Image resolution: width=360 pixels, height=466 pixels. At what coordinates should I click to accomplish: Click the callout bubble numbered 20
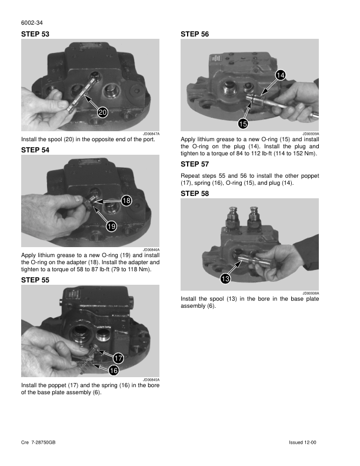point(102,112)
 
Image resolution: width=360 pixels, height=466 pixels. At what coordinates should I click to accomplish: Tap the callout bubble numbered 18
point(126,200)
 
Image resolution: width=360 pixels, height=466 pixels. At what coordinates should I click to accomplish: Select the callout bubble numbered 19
point(111,227)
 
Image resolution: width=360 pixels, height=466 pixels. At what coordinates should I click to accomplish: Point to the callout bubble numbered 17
point(118,358)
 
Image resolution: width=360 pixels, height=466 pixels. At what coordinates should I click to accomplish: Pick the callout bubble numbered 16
point(114,370)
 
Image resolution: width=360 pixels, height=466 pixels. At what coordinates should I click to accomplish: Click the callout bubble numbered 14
point(281,75)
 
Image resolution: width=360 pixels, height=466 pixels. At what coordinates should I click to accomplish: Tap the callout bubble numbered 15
point(243,124)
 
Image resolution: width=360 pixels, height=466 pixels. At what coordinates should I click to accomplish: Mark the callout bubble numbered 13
point(225,278)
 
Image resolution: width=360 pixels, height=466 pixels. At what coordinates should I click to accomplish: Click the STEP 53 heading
point(35,34)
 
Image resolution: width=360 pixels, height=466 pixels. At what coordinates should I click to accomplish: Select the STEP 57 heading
point(195,164)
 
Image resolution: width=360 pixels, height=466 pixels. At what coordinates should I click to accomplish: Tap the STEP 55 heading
point(35,280)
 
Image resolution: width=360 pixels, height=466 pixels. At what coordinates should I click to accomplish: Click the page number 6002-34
point(32,22)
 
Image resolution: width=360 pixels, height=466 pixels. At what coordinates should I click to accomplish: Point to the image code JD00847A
point(151,134)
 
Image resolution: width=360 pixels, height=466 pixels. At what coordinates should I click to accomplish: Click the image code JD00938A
point(311,294)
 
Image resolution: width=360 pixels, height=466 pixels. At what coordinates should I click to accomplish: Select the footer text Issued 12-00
point(302,442)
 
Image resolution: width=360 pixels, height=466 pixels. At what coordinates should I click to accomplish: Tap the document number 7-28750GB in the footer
point(43,442)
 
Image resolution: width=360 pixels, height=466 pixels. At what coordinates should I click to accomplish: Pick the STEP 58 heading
point(195,194)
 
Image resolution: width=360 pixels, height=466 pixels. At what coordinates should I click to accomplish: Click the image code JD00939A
point(311,134)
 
